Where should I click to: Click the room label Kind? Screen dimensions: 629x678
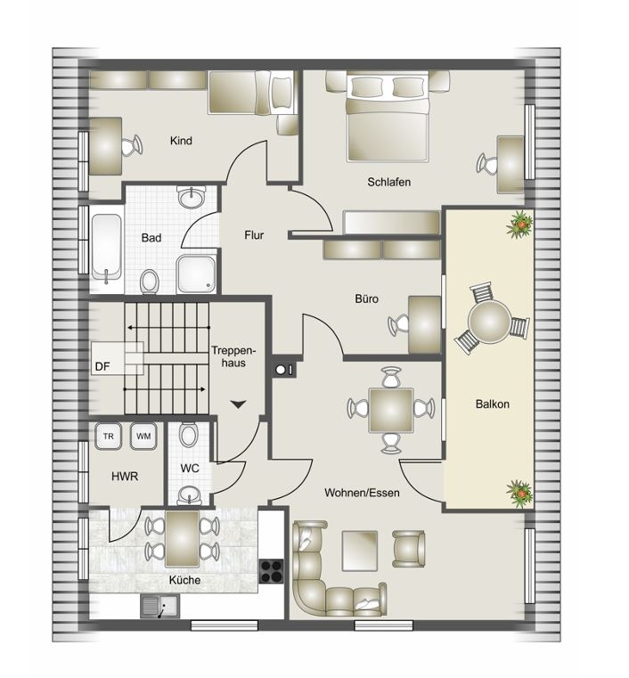[x=181, y=141]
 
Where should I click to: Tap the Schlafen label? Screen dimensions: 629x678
[x=388, y=182]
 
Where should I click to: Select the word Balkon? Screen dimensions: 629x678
[x=492, y=404]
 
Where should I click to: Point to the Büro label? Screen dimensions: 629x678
[x=366, y=298]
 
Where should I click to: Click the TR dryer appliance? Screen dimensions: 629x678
[x=108, y=436]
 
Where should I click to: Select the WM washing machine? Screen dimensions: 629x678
[x=143, y=436]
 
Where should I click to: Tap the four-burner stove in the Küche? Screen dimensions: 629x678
[x=272, y=571]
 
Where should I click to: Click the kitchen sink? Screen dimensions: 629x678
[x=160, y=606]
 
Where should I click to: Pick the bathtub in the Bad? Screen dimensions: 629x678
[x=106, y=248]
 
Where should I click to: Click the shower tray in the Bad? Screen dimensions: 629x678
[x=196, y=274]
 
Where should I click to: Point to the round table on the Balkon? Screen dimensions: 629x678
[x=489, y=321]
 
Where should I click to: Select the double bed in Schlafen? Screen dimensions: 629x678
[x=388, y=117]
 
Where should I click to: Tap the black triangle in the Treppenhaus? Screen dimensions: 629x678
[x=238, y=404]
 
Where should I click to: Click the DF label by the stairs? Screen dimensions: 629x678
[x=102, y=367]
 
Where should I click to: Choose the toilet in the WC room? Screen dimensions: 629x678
[x=189, y=434]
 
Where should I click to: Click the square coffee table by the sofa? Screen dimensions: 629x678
[x=360, y=551]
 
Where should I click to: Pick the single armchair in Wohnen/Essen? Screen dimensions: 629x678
[x=409, y=549]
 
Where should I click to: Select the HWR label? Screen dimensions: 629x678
[x=125, y=477]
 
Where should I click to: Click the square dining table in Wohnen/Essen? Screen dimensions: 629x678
[x=391, y=411]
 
